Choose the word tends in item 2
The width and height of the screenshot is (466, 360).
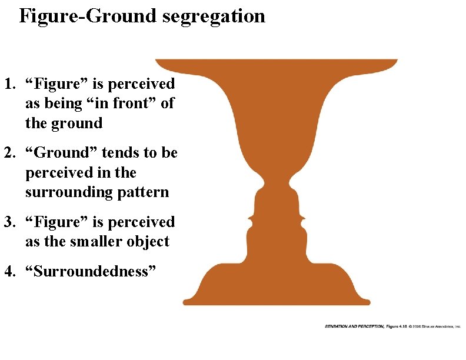click(121, 154)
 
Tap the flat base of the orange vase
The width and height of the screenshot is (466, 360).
click(276, 301)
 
